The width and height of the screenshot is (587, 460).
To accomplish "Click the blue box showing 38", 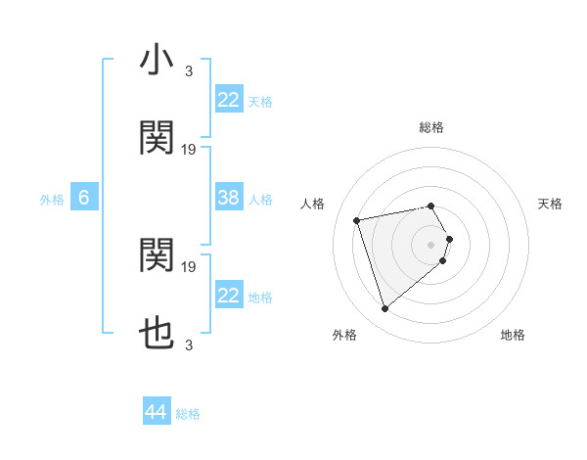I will (228, 198).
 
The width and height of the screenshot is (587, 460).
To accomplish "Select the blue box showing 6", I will (84, 198).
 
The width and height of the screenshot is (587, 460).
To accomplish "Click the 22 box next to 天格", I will (228, 100).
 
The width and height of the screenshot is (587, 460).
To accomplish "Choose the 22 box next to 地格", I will (228, 296).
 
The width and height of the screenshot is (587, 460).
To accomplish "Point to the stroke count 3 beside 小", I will (189, 70).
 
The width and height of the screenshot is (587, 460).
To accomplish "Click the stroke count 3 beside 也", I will (189, 345).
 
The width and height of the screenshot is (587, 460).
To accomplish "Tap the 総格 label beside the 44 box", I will (188, 414).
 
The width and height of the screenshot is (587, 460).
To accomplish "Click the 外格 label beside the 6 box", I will (52, 199).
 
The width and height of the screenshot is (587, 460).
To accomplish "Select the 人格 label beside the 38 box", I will (260, 199).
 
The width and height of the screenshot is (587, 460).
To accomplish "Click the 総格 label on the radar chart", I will (431, 127).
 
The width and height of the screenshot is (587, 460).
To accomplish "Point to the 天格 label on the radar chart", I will (551, 204).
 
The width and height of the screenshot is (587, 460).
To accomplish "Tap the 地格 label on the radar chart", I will (513, 335).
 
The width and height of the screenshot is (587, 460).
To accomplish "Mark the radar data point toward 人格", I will (358, 219).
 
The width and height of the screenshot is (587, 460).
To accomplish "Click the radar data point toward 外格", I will (384, 309).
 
